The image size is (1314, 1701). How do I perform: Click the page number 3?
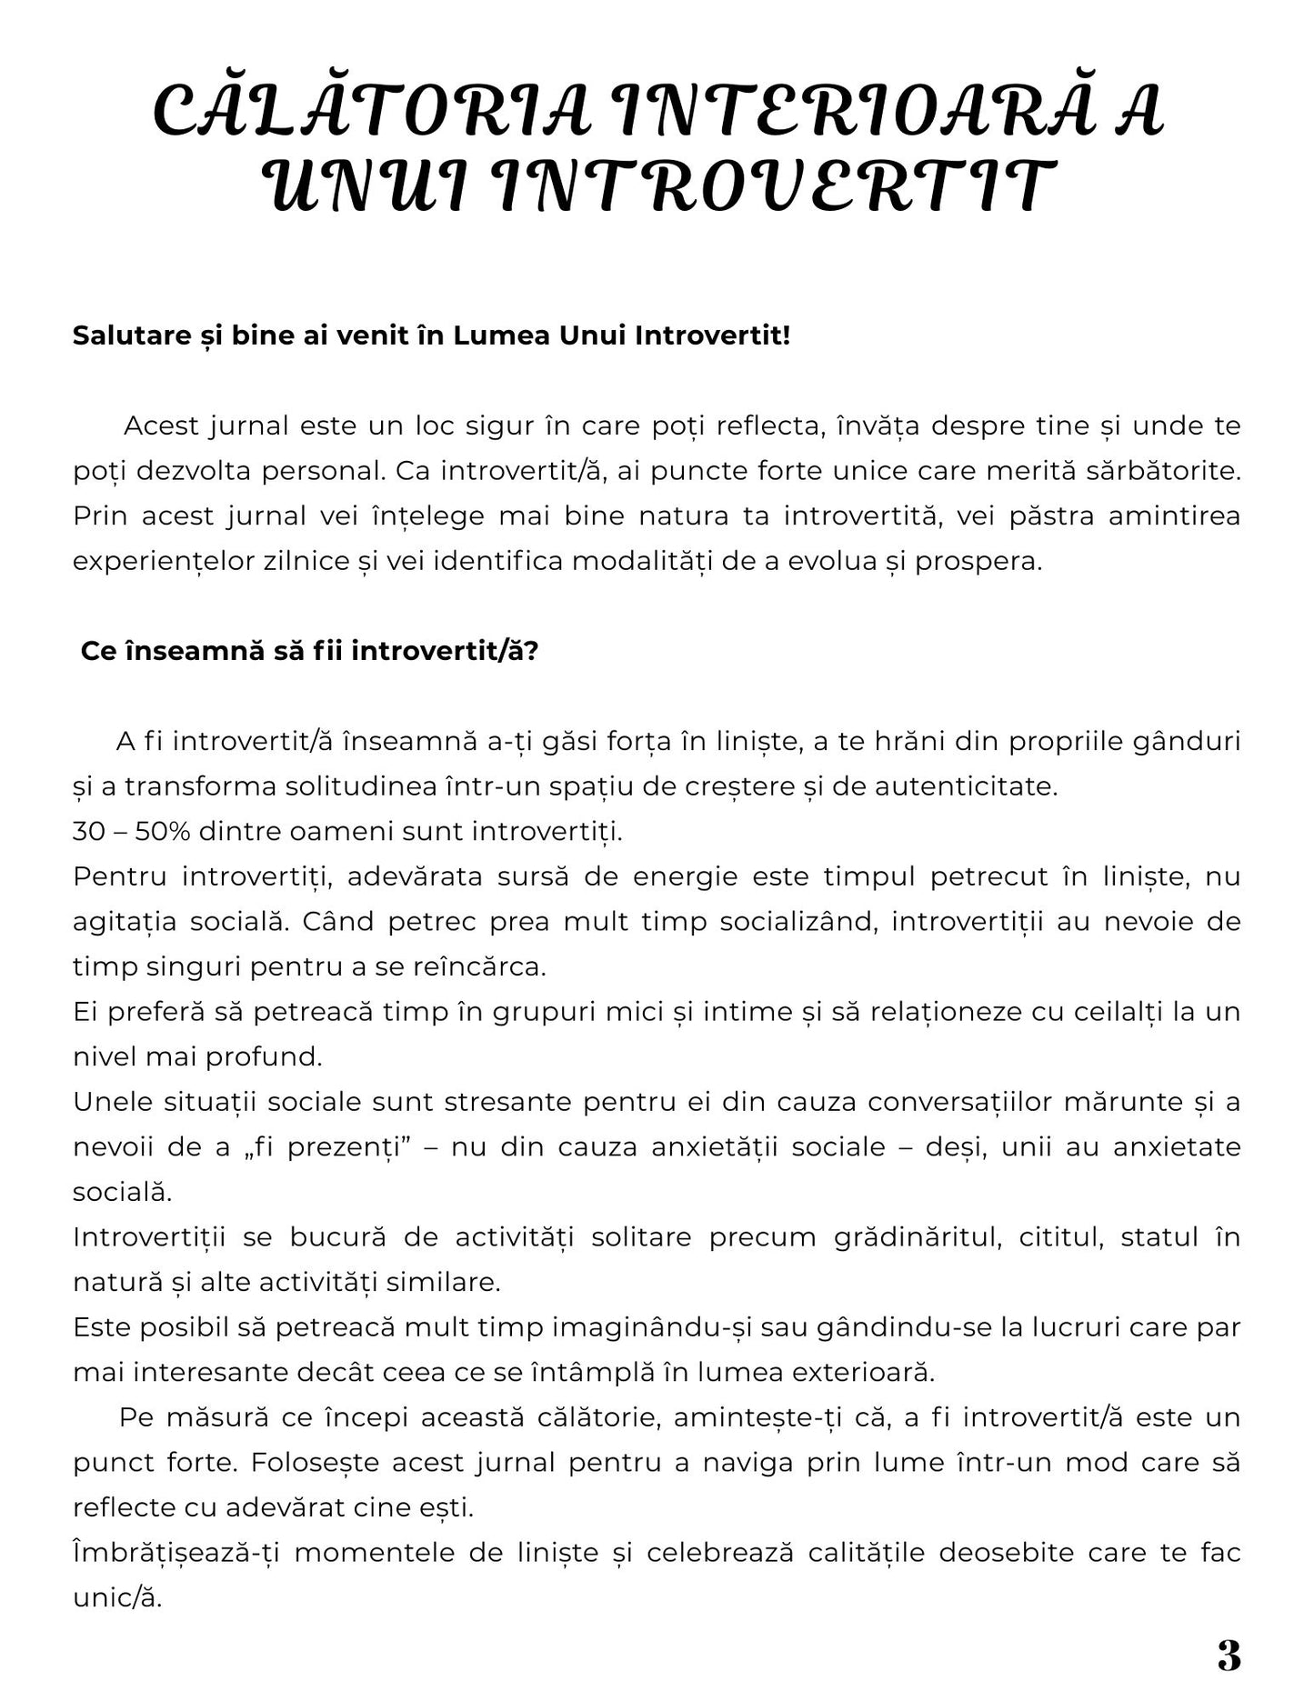click(x=1229, y=1656)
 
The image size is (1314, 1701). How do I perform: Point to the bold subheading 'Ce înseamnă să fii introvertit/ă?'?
click(x=309, y=652)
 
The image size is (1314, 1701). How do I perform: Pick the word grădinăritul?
click(x=917, y=1237)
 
